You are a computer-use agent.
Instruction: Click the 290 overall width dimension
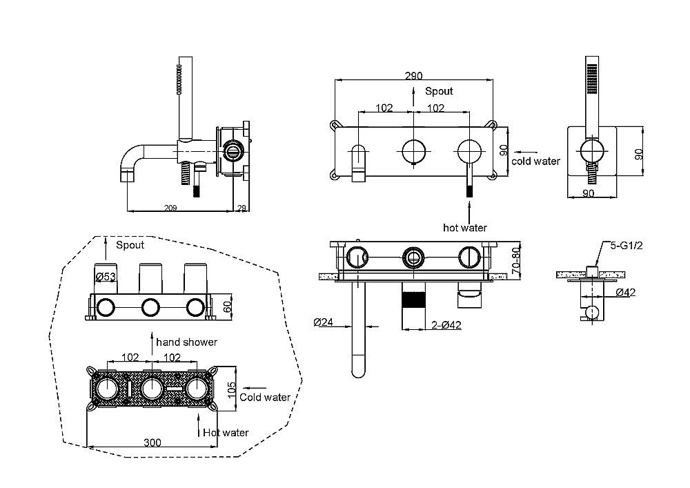point(414,75)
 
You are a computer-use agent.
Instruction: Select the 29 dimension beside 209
point(241,206)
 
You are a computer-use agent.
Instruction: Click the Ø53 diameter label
point(105,277)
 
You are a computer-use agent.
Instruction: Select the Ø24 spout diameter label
point(322,322)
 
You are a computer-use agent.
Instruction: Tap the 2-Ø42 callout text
point(447,325)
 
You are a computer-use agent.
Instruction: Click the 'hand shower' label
point(186,342)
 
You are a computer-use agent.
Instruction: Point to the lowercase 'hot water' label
point(465,227)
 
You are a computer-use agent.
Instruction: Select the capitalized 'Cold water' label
point(265,397)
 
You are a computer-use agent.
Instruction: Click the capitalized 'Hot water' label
point(226,433)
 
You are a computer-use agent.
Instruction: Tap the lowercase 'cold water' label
point(536,162)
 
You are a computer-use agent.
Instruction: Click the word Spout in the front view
point(439,91)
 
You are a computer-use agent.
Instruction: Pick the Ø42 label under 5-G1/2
point(625,293)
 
